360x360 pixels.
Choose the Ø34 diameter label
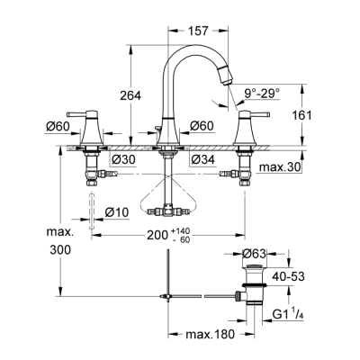pos(203,160)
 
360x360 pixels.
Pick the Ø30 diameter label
pos(122,160)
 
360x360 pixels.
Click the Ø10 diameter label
pos(118,211)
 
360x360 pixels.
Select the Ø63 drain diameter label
pos(256,255)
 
